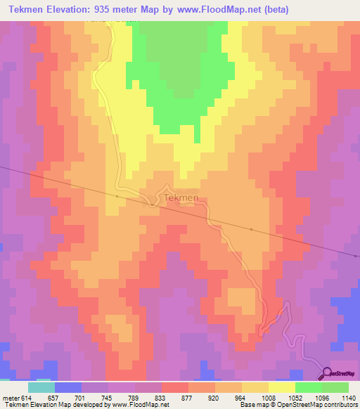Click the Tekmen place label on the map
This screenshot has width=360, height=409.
point(181,199)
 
